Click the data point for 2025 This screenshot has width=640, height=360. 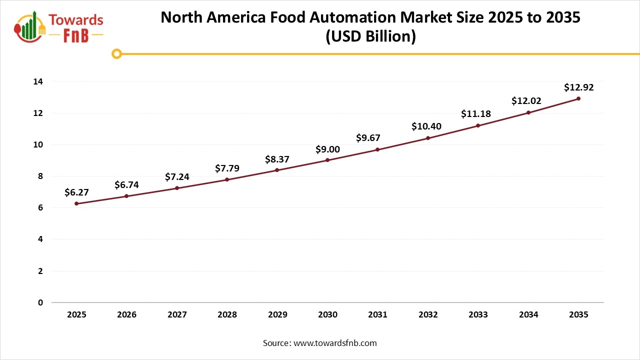[76, 203]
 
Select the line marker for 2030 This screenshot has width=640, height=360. [327, 160]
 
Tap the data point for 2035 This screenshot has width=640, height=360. [578, 98]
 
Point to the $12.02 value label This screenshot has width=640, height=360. [526, 101]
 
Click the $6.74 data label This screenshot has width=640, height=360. [126, 185]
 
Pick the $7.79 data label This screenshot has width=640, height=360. [227, 168]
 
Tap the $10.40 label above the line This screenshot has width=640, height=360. [426, 126]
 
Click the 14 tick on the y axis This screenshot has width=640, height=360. [38, 81]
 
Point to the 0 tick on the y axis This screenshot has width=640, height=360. [40, 302]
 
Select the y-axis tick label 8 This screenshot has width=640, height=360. [40, 176]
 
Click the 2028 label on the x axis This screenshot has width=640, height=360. [227, 315]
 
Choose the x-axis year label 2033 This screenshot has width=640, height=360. [478, 315]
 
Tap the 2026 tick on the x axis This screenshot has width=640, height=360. [126, 315]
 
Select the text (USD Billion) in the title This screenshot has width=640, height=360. [370, 37]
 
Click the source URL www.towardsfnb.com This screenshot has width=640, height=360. [334, 343]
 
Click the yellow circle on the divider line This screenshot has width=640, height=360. [116, 53]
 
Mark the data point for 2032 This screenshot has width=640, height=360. [428, 138]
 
